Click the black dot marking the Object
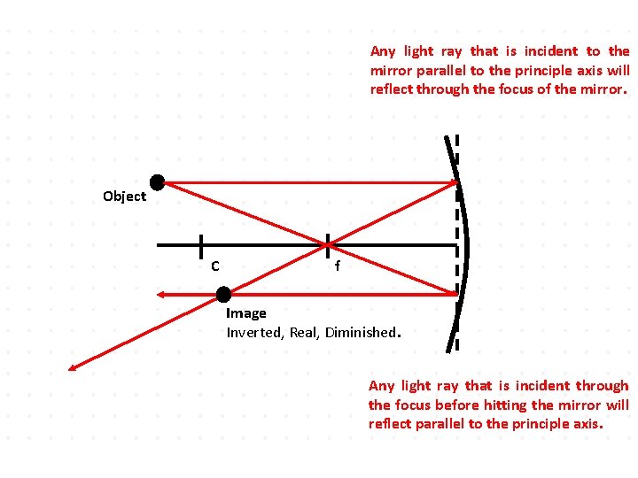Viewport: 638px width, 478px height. pos(157,183)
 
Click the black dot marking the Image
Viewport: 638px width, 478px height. pos(223,294)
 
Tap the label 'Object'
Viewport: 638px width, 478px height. pos(124,197)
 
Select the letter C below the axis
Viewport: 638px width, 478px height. pos(215,266)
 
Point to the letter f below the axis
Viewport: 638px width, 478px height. pos(337,266)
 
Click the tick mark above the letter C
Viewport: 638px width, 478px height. pos(202,244)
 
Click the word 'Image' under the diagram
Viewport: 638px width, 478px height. pos(246,313)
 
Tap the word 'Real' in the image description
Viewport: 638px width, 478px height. pos(304,333)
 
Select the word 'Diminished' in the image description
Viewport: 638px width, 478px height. pos(362,333)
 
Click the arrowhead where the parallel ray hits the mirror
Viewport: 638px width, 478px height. pos(452,183)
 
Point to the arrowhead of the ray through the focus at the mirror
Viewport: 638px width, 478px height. pos(452,291)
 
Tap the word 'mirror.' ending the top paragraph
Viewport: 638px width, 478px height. pos(603,89)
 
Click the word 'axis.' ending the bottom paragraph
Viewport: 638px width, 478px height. pos(587,424)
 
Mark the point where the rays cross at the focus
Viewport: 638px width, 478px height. pos(328,243)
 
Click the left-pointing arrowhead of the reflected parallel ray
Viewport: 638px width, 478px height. pos(160,294)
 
